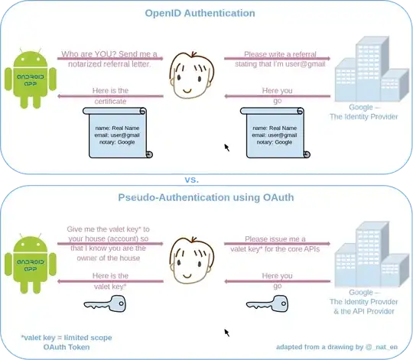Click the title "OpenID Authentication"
(x=201, y=13)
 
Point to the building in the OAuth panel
(x=366, y=252)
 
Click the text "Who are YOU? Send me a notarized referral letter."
(x=109, y=59)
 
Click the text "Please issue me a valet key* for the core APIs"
(x=277, y=244)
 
